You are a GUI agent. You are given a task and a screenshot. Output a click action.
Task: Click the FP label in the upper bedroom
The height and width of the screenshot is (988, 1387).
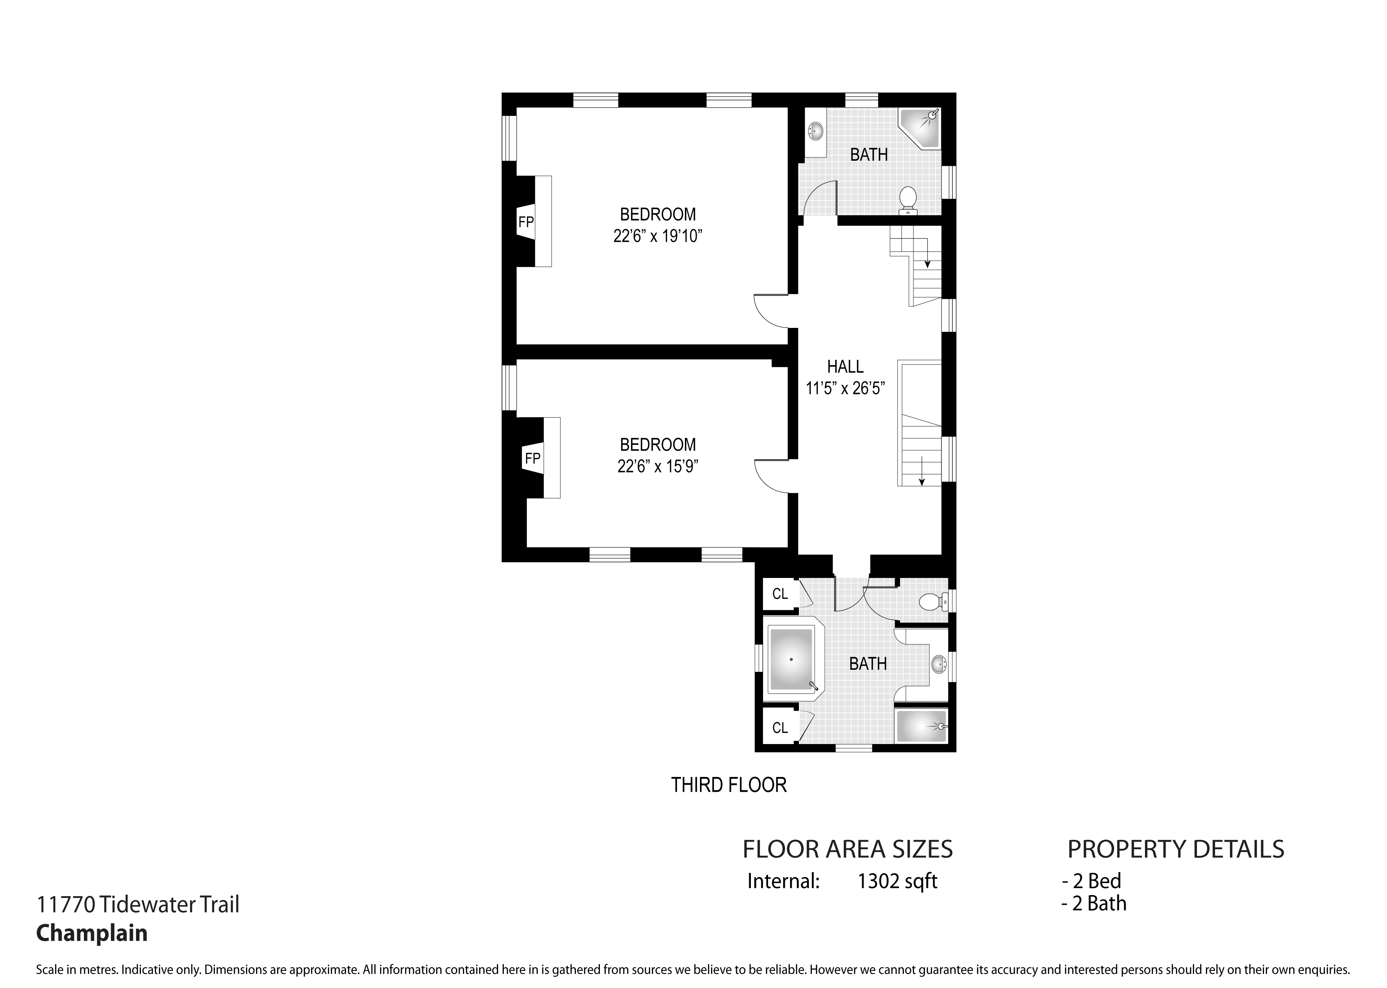526,222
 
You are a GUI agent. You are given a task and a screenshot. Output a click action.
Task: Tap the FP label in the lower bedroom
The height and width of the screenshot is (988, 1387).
532,458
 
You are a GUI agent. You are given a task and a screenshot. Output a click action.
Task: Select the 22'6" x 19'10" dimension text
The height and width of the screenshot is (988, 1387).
658,236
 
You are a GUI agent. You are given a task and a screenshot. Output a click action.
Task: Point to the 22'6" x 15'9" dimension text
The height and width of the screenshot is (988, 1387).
658,466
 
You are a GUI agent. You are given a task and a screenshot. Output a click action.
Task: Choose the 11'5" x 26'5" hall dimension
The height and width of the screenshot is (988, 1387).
845,388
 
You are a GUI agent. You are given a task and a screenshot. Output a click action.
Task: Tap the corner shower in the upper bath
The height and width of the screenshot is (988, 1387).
920,129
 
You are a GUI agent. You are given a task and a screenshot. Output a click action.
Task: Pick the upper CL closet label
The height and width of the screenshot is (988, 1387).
780,594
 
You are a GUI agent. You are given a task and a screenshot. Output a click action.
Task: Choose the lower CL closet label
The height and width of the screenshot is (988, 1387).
780,728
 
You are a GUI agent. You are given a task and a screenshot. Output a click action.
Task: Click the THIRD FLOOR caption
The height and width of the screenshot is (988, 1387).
729,785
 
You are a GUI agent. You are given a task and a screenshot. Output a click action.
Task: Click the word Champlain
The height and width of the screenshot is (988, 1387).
92,933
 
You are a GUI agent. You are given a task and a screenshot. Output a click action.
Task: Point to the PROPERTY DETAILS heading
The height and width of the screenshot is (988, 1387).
1176,849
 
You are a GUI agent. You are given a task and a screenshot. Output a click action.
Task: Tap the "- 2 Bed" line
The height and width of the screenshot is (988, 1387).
1092,881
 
